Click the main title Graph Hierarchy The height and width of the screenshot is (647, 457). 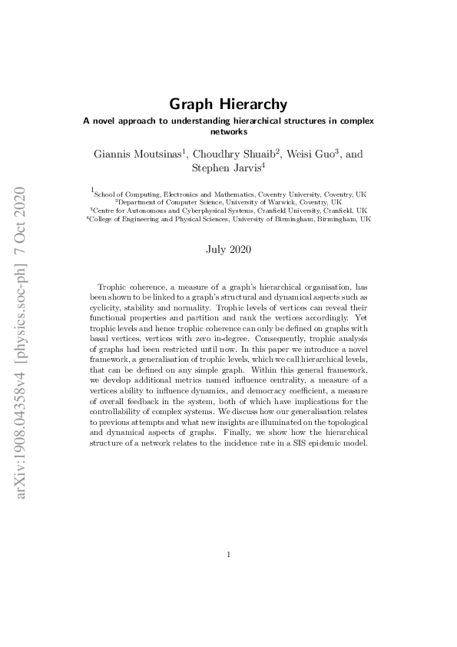point(228,104)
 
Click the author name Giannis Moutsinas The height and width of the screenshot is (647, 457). point(137,154)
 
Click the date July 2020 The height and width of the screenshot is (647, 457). point(228,249)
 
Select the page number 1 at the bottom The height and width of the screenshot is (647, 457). point(229,554)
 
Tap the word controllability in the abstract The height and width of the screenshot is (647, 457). point(124,410)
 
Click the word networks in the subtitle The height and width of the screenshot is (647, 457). point(228,131)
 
